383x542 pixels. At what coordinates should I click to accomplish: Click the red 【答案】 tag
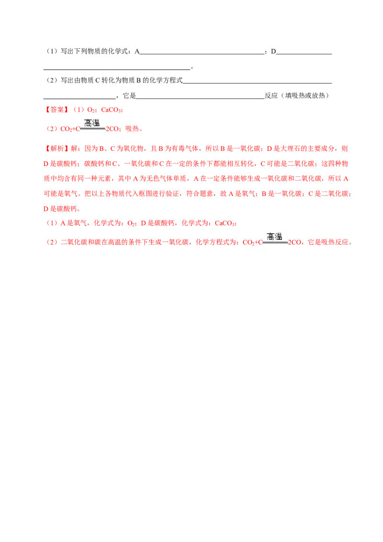point(56,110)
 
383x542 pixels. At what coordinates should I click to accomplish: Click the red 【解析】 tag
point(56,148)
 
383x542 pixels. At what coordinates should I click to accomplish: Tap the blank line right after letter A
point(202,54)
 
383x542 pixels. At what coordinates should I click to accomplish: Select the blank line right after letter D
point(304,54)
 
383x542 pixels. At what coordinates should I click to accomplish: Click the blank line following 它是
point(201,98)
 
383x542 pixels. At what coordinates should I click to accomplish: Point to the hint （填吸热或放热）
point(304,95)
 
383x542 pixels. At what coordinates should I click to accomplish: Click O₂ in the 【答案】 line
point(91,110)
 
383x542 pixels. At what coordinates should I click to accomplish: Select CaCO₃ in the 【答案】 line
point(111,110)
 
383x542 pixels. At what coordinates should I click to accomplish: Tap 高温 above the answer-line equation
point(92,123)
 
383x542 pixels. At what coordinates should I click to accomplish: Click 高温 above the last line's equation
point(274,237)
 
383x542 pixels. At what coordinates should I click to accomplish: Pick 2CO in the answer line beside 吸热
point(113,129)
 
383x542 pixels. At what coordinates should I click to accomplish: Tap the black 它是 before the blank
point(130,95)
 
